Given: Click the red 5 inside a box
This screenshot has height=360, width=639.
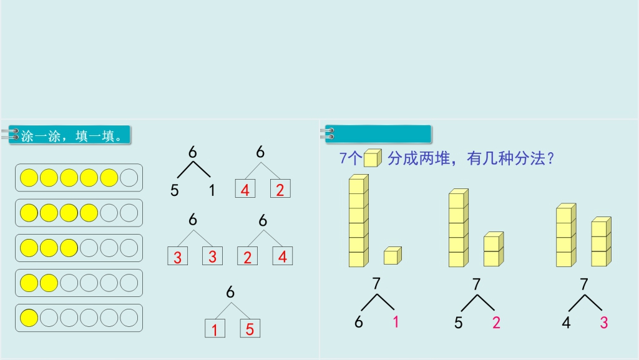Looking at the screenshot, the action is pos(250,329).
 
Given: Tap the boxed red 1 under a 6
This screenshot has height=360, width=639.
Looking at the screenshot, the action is pos(215,329).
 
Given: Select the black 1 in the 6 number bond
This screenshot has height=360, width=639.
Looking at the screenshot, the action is pos(212,190).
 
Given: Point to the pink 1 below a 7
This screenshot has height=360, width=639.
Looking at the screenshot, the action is pos(395,322).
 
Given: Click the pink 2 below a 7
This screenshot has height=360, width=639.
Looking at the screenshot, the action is pos(496,323).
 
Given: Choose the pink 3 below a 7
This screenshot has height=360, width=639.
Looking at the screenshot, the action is pos(604,323).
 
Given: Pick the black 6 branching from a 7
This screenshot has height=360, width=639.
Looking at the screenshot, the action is pos(359,322).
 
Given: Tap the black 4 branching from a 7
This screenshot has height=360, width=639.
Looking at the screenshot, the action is pos(566,323).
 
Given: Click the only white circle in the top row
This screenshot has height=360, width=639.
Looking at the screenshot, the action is pos(129,178).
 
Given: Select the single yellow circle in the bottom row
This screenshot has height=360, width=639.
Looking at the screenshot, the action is pos(29,318).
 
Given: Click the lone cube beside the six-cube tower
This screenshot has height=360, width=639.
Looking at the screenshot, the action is pos(393,256).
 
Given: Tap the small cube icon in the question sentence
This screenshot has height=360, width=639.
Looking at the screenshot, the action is pos(373,158).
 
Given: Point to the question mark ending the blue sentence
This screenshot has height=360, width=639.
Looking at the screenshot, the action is pos(551,158).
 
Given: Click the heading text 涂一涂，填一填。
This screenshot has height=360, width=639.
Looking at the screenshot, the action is pos(72,136).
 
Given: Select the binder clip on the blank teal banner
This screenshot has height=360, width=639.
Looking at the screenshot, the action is pos(327,134).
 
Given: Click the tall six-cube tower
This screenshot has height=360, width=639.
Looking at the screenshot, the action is pos(359,221).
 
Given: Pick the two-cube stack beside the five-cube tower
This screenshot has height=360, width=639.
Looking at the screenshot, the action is pos(494,249).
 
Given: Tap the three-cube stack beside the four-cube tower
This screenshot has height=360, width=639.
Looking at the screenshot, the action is pos(601,242).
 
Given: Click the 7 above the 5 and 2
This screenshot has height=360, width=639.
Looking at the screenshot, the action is pos(476,284).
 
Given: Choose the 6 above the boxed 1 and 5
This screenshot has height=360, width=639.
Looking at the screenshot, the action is pos(230,292).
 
